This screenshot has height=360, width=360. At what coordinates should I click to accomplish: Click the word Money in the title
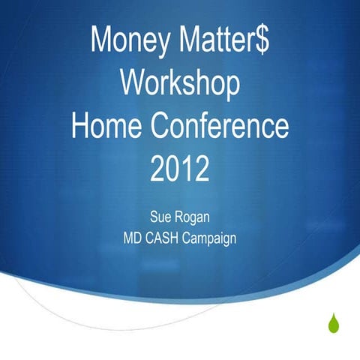coord(130,40)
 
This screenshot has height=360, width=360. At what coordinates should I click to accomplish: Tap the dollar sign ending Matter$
coord(262,40)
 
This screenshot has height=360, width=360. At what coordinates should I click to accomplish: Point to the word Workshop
coord(180,84)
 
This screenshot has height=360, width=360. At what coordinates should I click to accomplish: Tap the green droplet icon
coord(332,323)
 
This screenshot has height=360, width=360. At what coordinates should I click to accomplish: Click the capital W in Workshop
coord(133,84)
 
